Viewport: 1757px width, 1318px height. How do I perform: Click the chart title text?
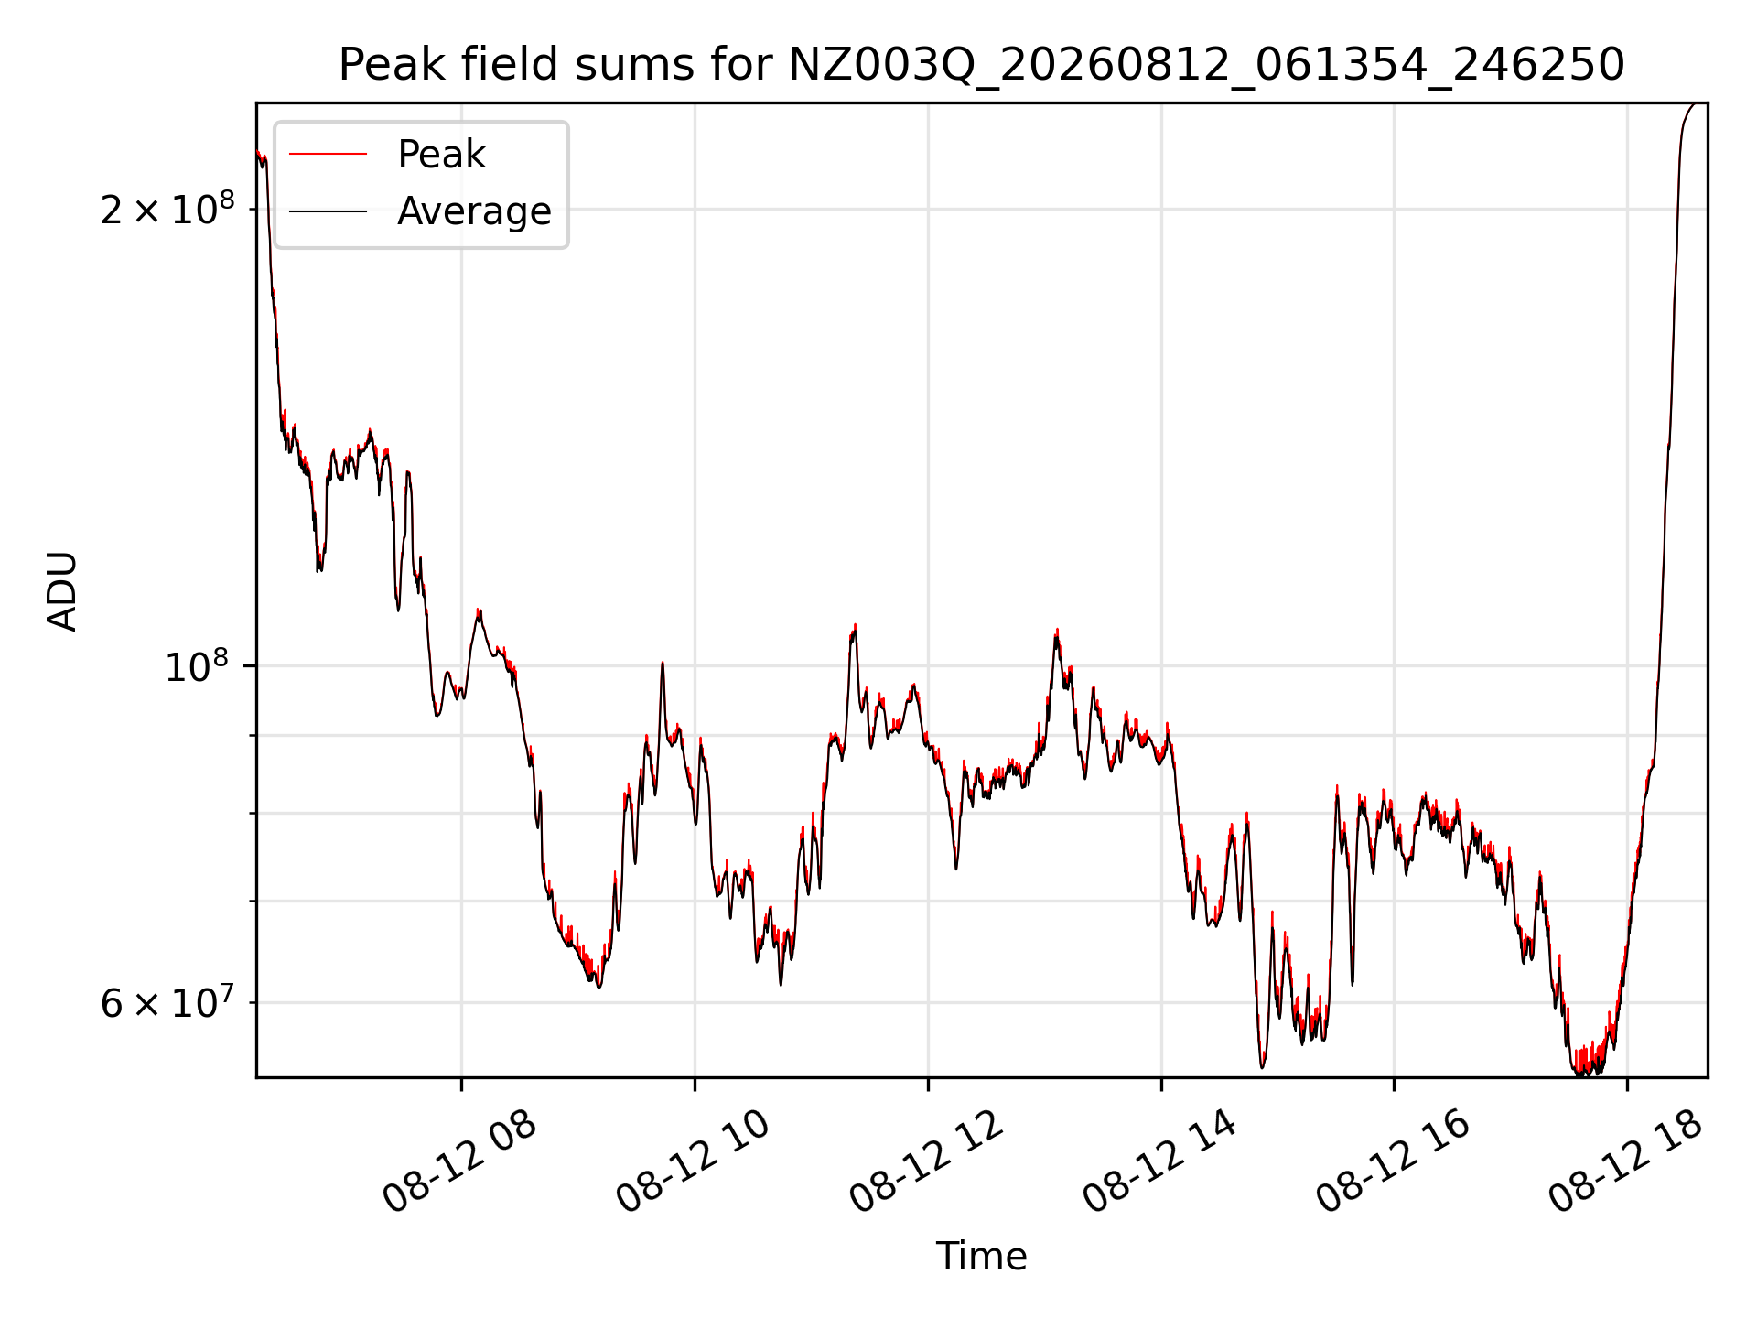[981, 65]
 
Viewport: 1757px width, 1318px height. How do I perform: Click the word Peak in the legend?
[441, 155]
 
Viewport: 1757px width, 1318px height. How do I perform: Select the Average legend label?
[474, 211]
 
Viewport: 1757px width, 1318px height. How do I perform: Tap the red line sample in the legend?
[328, 154]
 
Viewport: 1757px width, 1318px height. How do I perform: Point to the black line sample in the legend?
[328, 211]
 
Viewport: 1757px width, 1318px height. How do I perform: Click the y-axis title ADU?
[62, 591]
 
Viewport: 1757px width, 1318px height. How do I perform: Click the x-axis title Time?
[981, 1257]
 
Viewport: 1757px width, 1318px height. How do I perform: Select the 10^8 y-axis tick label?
[197, 665]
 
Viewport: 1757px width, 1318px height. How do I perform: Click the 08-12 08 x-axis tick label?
[459, 1161]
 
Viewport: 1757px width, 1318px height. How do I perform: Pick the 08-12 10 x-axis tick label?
[693, 1161]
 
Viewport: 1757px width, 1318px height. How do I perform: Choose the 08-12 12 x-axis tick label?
[926, 1161]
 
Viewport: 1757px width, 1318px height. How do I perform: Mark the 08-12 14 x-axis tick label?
[1159, 1161]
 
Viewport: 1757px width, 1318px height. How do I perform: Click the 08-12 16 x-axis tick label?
[1393, 1161]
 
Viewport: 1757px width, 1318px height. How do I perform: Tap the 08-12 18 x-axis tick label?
[1626, 1161]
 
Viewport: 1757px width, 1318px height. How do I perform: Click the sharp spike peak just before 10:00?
[663, 663]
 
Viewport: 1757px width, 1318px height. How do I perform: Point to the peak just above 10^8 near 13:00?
[1057, 631]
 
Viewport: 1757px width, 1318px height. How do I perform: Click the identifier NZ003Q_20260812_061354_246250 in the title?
[1206, 66]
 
